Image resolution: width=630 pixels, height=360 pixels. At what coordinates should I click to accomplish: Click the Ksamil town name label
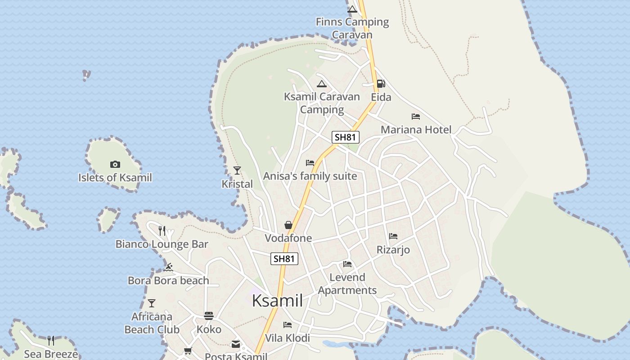[x=277, y=301]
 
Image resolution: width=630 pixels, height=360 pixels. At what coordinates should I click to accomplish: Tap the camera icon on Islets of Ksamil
[x=115, y=165]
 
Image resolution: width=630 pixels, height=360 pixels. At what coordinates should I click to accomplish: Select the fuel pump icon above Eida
[x=381, y=84]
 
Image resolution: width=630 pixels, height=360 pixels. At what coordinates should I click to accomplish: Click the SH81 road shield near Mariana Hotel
[x=346, y=137]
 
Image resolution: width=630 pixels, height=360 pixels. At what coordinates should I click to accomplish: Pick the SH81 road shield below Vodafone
[x=284, y=259]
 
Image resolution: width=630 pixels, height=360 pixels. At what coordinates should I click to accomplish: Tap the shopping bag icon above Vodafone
[x=288, y=225]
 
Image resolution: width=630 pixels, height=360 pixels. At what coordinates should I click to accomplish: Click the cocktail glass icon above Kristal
[x=237, y=171]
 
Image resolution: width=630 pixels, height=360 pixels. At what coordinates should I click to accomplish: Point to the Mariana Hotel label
[x=416, y=130]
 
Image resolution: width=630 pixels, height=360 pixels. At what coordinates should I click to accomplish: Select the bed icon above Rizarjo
[x=393, y=236]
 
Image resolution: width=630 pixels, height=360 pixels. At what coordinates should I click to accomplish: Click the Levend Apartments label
[x=347, y=283]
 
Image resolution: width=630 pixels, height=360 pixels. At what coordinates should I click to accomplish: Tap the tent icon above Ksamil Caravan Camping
[x=321, y=84]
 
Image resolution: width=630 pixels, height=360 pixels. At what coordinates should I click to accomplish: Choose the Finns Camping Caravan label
[x=352, y=28]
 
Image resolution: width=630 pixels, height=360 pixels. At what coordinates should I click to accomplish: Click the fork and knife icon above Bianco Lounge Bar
[x=162, y=231]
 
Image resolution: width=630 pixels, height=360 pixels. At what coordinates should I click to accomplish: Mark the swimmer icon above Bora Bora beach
[x=168, y=267]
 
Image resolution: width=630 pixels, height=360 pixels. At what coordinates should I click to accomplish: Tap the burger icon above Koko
[x=209, y=316]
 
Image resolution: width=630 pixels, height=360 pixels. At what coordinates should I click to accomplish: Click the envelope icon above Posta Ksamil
[x=236, y=344]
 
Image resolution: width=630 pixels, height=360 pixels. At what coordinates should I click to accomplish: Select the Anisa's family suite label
[x=310, y=176]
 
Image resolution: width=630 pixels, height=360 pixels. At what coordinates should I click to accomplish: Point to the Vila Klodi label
[x=288, y=338]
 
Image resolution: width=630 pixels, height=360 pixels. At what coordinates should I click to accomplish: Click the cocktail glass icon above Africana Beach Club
[x=152, y=303]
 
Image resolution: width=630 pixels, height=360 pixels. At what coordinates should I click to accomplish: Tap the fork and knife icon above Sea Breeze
[x=51, y=341]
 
